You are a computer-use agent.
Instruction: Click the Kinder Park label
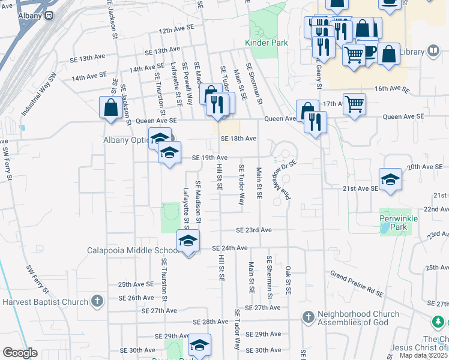266,43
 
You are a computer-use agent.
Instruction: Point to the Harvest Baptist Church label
45,302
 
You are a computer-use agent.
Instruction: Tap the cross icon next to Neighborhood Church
308,316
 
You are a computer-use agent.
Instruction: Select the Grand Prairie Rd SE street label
357,284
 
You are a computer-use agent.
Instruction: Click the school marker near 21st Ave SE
390,179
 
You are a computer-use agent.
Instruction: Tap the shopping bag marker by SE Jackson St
111,109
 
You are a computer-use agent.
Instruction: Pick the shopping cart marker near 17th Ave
354,104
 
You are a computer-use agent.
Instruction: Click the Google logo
20,353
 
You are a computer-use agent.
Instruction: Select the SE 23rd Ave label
254,230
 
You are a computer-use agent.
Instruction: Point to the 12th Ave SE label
177,29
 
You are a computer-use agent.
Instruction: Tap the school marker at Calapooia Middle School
188,241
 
